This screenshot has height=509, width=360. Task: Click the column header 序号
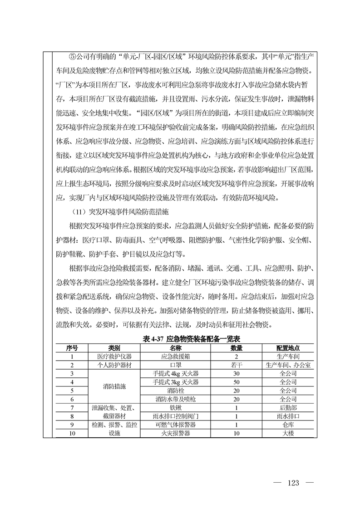pos(72,348)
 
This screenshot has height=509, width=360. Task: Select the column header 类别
pos(114,348)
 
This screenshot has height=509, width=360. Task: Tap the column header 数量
pos(236,348)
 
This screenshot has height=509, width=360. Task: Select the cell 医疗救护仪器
pos(114,357)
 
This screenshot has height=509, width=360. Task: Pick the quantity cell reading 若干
pos(236,365)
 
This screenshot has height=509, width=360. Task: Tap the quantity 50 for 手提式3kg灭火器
pos(236,382)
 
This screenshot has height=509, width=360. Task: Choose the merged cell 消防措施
pos(114,386)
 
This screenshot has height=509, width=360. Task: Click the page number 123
pos(293,482)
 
